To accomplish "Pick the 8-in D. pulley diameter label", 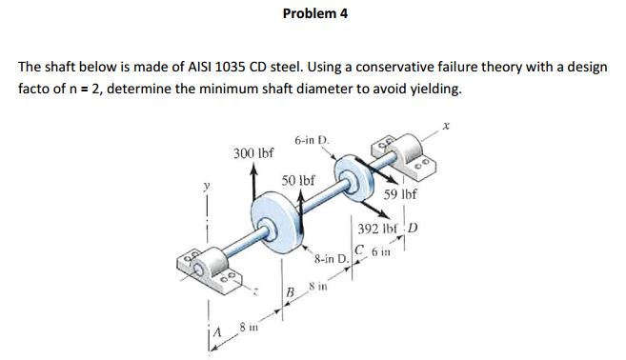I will [x=330, y=258].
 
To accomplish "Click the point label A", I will [x=218, y=332].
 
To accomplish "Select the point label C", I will [x=357, y=251].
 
